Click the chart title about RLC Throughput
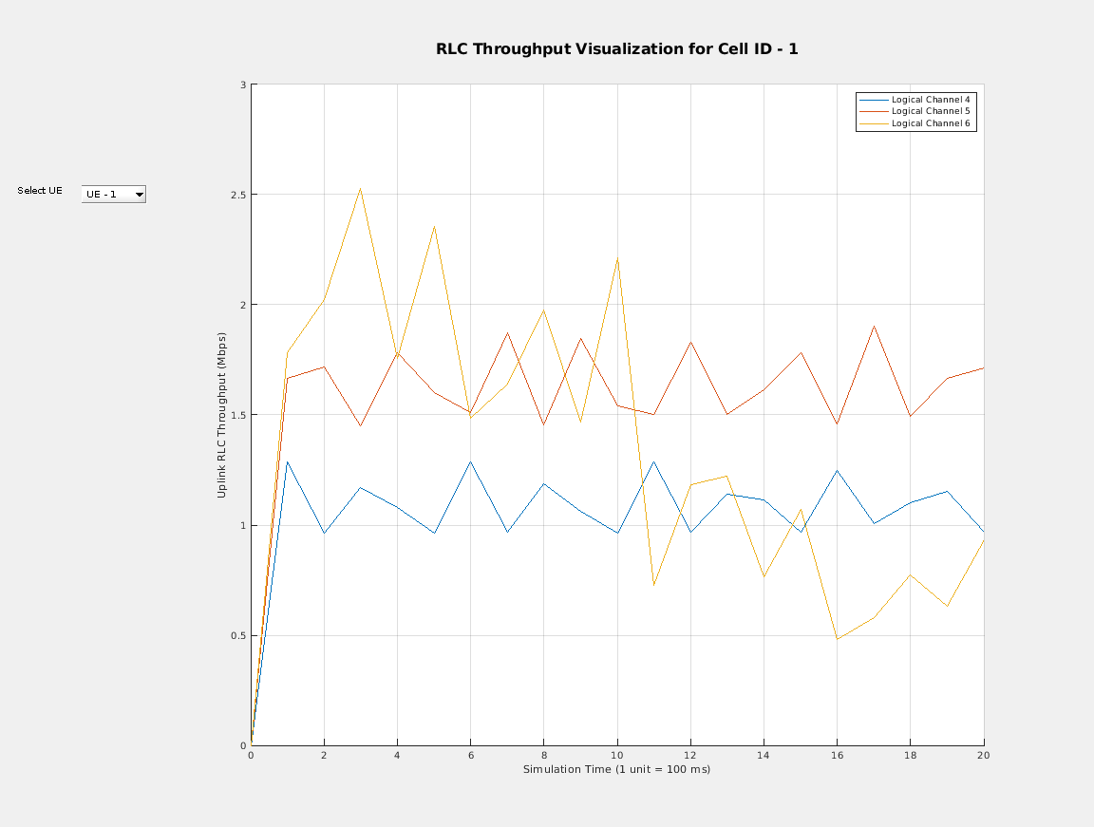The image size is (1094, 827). [616, 49]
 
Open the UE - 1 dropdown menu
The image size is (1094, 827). [114, 195]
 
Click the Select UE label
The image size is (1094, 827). [40, 191]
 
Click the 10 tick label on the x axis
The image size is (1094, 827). [617, 756]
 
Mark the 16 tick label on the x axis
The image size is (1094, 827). [837, 756]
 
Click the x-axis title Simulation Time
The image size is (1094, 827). [616, 769]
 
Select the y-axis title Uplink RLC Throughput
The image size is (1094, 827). [221, 415]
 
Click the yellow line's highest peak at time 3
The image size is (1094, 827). [360, 188]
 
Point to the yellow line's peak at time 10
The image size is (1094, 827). [617, 257]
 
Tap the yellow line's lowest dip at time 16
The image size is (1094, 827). [837, 639]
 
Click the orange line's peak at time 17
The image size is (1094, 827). [874, 326]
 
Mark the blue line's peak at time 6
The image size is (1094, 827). [470, 461]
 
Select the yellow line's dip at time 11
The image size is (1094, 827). [654, 585]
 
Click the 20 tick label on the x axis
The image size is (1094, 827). [983, 756]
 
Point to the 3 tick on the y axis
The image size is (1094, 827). [242, 85]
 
